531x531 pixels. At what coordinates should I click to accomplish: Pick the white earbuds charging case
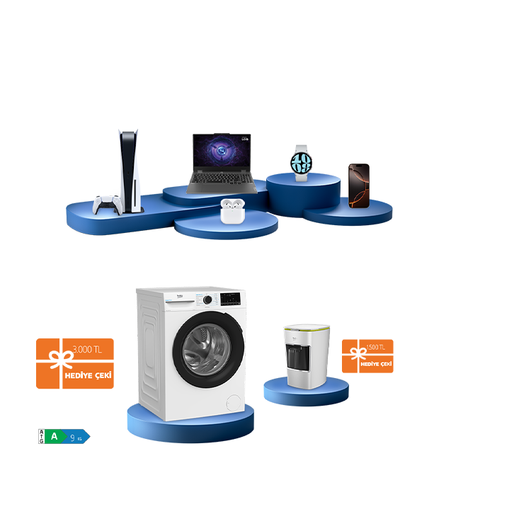point(230,211)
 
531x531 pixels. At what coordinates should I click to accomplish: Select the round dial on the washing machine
point(207,300)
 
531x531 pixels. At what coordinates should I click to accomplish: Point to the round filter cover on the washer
point(231,402)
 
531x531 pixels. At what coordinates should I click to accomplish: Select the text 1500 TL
point(375,348)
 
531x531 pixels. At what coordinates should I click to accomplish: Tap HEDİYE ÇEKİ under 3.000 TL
point(88,375)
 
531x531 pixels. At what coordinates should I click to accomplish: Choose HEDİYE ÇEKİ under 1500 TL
point(376,363)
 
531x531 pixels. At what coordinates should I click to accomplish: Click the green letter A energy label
point(55,437)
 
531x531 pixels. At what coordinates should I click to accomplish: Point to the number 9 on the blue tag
point(72,438)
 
